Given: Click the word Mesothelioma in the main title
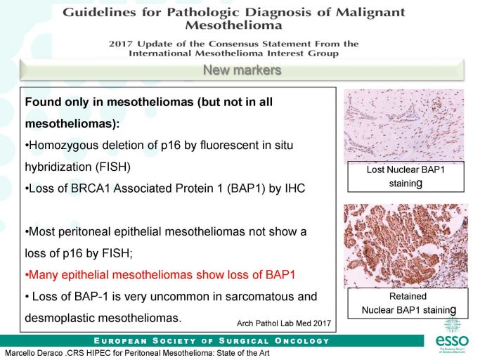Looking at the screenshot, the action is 233,25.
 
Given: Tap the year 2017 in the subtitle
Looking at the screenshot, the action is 121,44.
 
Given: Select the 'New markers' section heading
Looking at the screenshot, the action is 242,70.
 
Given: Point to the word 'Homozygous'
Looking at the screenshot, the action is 64,146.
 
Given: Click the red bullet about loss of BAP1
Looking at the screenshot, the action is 160,274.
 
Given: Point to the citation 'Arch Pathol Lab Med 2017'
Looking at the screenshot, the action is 284,323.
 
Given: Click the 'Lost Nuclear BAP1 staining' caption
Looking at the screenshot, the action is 406,176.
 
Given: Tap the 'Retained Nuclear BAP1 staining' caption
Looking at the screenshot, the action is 408,303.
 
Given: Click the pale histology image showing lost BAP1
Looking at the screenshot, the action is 404,125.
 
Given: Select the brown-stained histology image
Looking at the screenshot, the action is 406,245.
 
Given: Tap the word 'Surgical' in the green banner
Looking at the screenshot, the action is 244,341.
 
